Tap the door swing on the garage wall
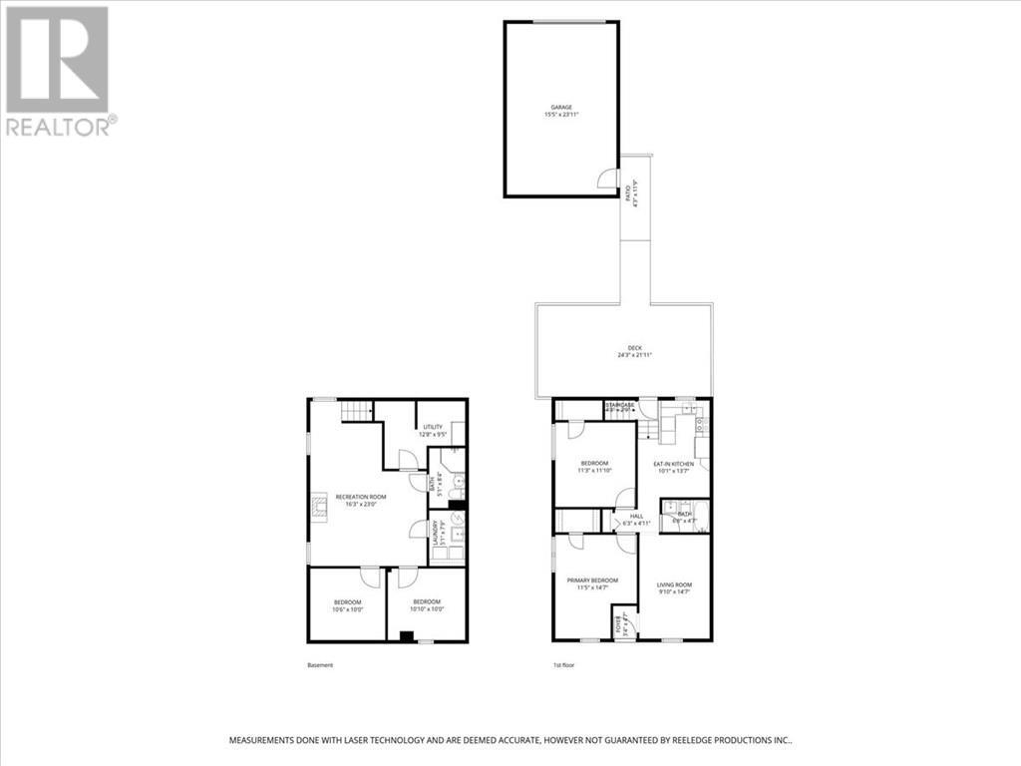point(605,180)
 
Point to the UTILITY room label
point(432,426)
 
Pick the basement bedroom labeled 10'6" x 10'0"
point(347,605)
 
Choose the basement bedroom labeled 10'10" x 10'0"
point(427,605)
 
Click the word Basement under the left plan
point(320,665)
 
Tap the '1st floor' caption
point(564,665)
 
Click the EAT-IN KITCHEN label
point(672,464)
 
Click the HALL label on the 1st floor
point(635,516)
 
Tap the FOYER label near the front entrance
point(618,624)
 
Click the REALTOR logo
point(60,70)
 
